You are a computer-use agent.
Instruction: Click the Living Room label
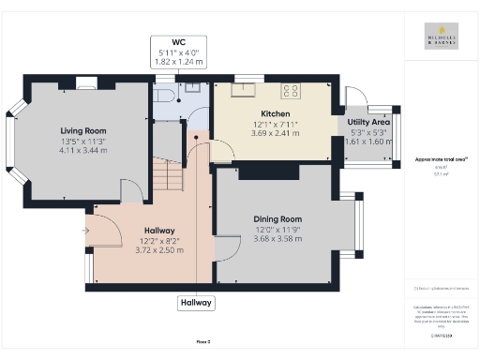pos(83,130)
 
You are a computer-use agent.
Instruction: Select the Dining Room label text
pos(278,219)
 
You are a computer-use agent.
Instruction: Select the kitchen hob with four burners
pos(291,91)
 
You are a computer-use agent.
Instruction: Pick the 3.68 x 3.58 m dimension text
pos(278,239)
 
